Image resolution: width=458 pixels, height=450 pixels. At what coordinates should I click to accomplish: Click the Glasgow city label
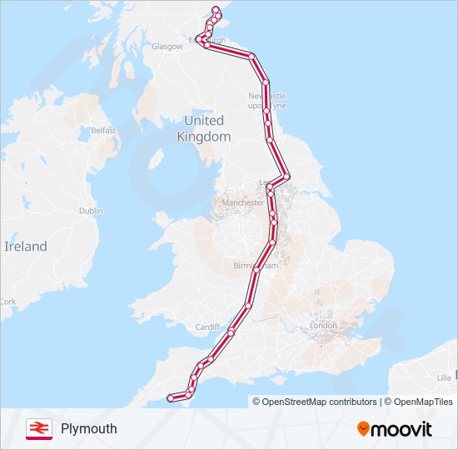(x=167, y=47)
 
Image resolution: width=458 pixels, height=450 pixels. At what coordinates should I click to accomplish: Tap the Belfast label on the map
(x=104, y=131)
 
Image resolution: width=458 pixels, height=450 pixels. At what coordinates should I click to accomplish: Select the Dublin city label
(x=91, y=211)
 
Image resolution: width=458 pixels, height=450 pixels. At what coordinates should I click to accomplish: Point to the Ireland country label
(x=26, y=247)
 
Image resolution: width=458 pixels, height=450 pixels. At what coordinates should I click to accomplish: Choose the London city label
(x=322, y=325)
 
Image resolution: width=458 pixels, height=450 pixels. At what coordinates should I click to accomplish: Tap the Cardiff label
(x=207, y=327)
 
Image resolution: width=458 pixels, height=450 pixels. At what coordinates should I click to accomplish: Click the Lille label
(x=444, y=377)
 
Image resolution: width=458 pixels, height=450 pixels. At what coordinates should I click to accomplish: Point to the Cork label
(x=8, y=302)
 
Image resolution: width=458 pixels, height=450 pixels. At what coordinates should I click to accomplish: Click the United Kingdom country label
(x=204, y=128)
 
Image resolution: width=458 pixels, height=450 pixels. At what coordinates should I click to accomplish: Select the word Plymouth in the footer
(x=89, y=429)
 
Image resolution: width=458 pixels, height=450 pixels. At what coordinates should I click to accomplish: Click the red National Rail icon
(x=37, y=428)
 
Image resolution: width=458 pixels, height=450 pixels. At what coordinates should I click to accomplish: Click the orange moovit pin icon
(x=363, y=428)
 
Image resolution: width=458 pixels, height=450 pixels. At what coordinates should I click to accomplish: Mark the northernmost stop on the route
(x=217, y=10)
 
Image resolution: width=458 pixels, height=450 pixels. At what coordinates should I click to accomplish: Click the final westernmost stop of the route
(x=171, y=397)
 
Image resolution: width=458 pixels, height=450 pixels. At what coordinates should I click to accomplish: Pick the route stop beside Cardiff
(x=231, y=332)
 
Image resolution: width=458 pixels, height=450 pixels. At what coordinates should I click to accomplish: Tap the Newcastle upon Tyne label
(x=266, y=101)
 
